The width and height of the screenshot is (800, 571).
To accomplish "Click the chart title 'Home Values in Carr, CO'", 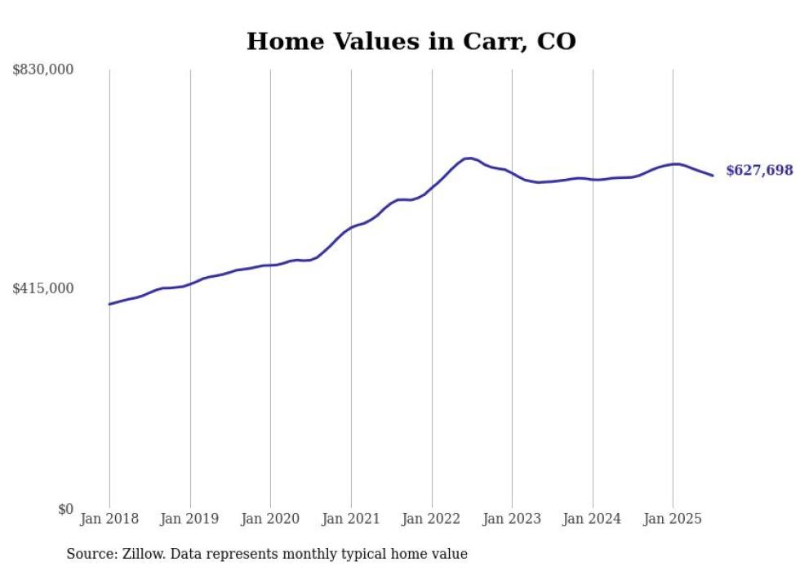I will [x=411, y=41].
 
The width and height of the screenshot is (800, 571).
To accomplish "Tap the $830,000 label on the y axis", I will [x=42, y=70].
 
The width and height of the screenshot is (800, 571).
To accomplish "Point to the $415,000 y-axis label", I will [x=42, y=288].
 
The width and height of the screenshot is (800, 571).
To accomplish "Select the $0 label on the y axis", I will [x=65, y=509].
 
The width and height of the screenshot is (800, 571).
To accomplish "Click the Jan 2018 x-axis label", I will [x=109, y=519].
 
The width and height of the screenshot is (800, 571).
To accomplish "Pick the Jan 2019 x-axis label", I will [x=190, y=519].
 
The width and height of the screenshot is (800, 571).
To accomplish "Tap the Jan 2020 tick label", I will [x=270, y=519].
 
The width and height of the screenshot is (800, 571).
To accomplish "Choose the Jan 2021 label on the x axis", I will [x=351, y=519].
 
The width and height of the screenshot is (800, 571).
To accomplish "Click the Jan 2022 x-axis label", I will [x=432, y=519].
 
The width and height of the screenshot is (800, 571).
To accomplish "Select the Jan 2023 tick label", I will [x=512, y=519].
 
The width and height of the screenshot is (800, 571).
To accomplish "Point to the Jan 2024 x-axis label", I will [x=593, y=519].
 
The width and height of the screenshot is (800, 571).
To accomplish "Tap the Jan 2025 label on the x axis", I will [x=673, y=519].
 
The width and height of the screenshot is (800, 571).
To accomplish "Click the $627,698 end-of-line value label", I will [x=759, y=171].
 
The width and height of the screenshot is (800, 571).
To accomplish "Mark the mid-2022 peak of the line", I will [x=469, y=158].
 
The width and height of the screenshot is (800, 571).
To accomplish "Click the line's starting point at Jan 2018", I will [x=109, y=304].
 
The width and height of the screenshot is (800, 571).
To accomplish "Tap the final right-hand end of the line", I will [x=713, y=176].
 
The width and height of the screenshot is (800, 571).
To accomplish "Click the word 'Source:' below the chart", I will [x=91, y=554].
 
